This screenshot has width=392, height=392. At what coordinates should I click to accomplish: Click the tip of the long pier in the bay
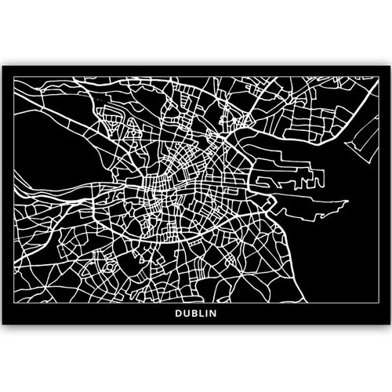346,201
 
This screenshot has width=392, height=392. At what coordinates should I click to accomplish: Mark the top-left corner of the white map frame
15,77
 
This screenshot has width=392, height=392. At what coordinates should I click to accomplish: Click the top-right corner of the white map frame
377,77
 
